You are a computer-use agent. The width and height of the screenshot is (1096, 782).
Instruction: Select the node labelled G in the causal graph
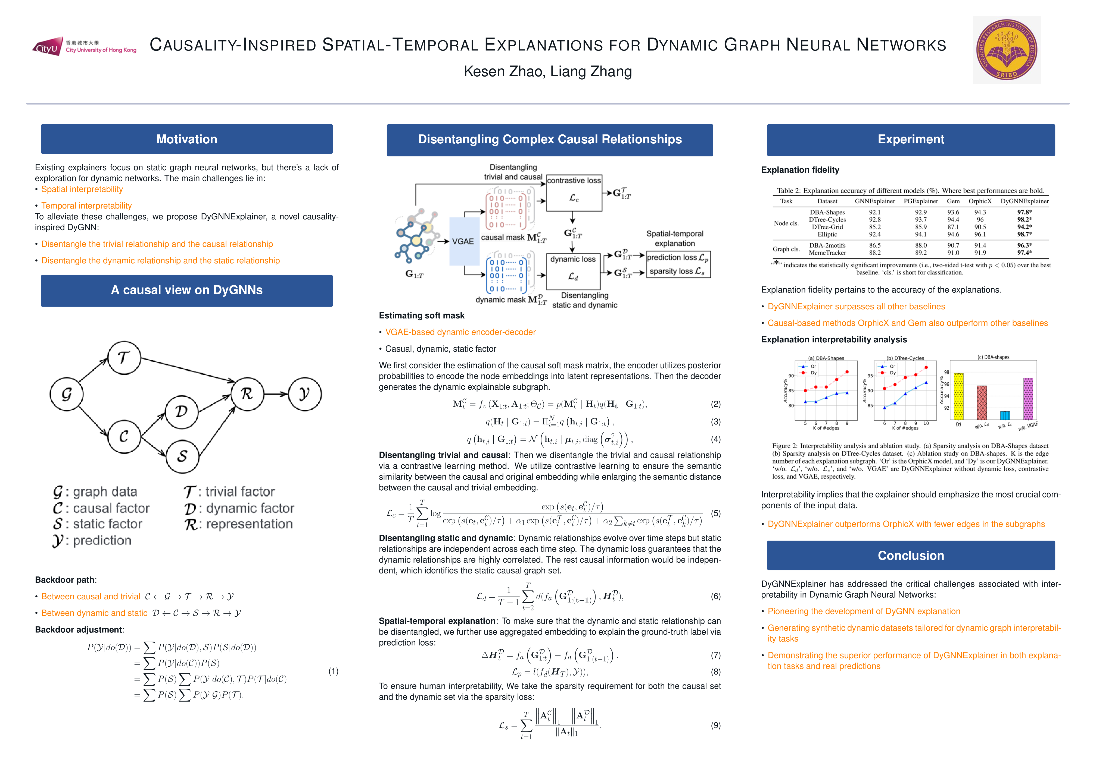(x=67, y=394)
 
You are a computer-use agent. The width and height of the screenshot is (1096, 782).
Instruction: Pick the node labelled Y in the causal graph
(x=305, y=394)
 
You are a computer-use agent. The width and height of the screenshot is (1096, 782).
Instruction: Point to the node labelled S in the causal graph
(x=182, y=456)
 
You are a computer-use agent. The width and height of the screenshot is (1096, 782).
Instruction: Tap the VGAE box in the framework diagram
(x=463, y=241)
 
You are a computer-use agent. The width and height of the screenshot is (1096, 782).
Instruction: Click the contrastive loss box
(x=574, y=193)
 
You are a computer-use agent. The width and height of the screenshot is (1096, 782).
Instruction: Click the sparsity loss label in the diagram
(x=677, y=272)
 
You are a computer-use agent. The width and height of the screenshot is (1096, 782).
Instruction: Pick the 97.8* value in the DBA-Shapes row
(x=1024, y=212)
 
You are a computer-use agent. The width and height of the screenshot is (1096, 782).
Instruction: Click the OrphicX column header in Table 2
(x=980, y=201)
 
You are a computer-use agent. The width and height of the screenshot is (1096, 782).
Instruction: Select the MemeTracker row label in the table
(x=827, y=253)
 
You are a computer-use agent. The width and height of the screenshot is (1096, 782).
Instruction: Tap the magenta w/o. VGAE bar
(x=1028, y=398)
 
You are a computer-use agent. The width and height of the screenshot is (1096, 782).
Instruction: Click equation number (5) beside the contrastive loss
(x=716, y=513)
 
